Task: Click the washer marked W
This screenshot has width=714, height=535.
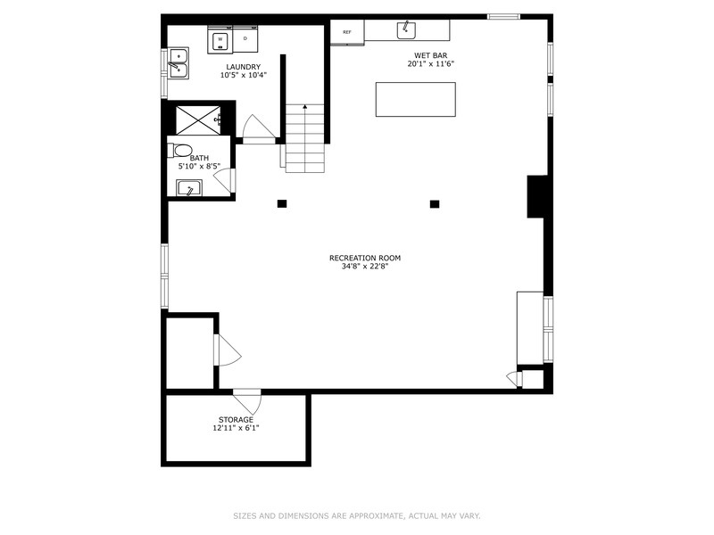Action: coord(219,39)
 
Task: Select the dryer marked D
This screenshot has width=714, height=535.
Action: coord(245,39)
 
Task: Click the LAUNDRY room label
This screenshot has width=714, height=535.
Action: coord(243,67)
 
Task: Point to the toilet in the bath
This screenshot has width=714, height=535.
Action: coord(182,149)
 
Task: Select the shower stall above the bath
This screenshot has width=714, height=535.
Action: coord(197,119)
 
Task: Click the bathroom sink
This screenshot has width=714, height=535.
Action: coord(188,188)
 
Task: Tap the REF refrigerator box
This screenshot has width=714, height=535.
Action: coord(346,32)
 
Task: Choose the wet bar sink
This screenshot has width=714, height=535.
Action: coord(407,29)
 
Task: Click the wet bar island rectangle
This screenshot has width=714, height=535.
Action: coord(415,99)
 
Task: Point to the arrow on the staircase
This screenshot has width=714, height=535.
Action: coord(305,108)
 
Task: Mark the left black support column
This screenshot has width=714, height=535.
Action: coord(282,203)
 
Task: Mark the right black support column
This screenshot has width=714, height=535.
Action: coord(435,203)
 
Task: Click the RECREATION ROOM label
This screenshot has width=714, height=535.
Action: coord(364,258)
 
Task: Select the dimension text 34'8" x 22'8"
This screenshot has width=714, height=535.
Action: coord(364,267)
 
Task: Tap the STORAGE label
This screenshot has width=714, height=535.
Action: coord(236,419)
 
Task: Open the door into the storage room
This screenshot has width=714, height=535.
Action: coord(247,400)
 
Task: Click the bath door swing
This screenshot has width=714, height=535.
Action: coord(225,181)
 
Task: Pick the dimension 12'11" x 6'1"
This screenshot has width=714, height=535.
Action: coord(236,428)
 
